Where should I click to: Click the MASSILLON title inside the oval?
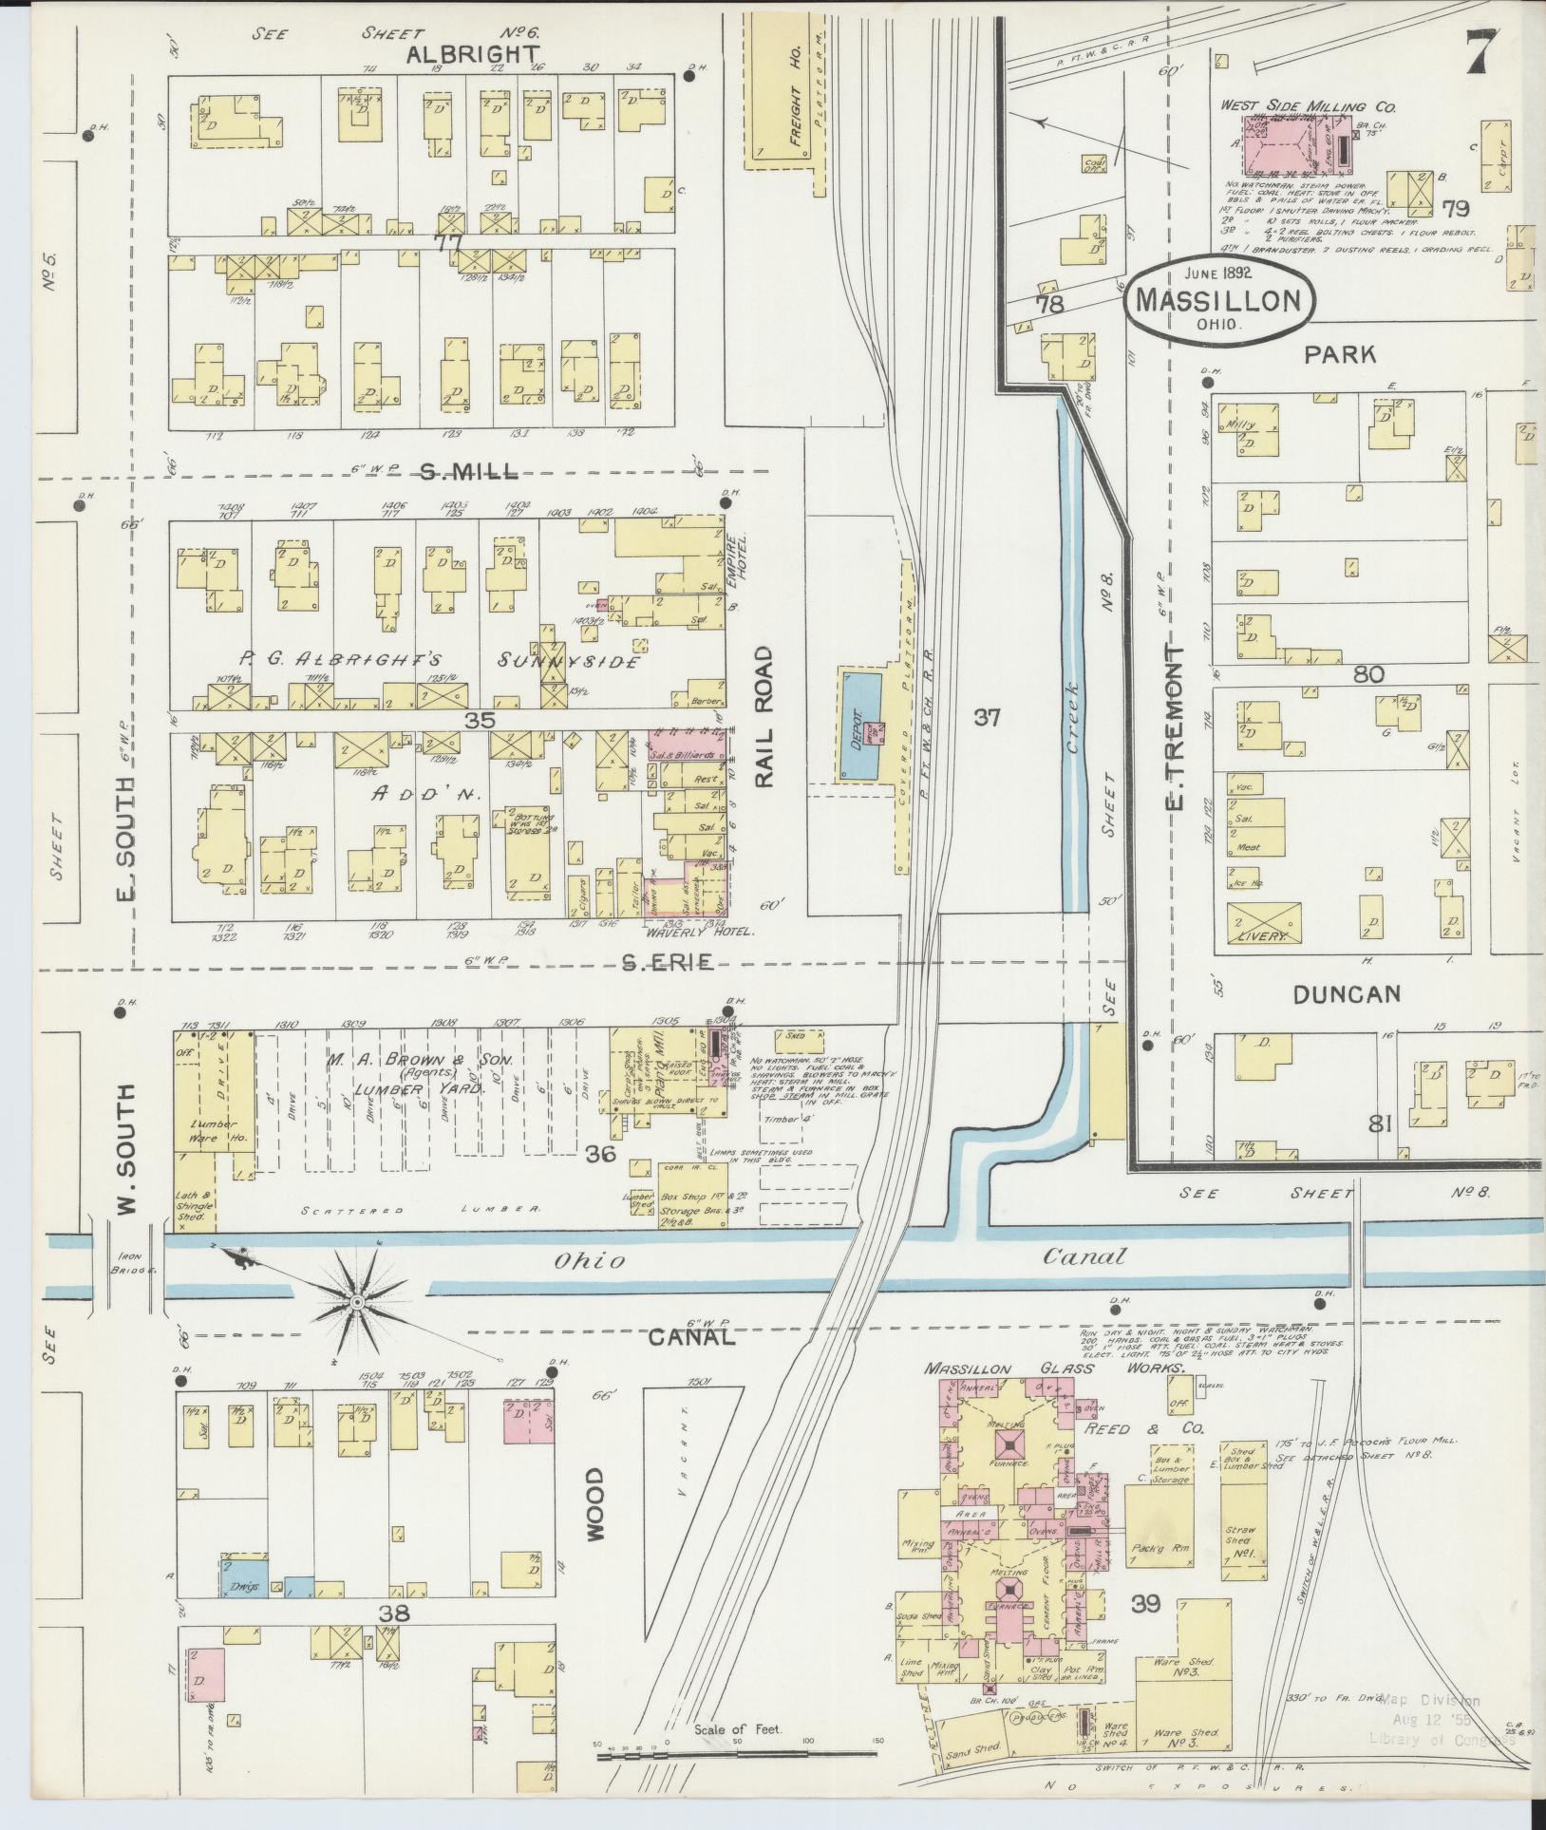pyautogui.click(x=1218, y=301)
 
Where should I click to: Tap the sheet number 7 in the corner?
pyautogui.click(x=1482, y=52)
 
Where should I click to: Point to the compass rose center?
pyautogui.click(x=356, y=1301)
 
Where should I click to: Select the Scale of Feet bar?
pyautogui.click(x=736, y=1753)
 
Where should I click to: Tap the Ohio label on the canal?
pyautogui.click(x=590, y=1261)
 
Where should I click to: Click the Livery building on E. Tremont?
pyautogui.click(x=1262, y=922)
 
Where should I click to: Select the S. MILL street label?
pyautogui.click(x=469, y=470)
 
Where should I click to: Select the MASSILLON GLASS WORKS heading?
pyautogui.click(x=1054, y=1368)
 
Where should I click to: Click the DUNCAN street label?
pyautogui.click(x=1347, y=994)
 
